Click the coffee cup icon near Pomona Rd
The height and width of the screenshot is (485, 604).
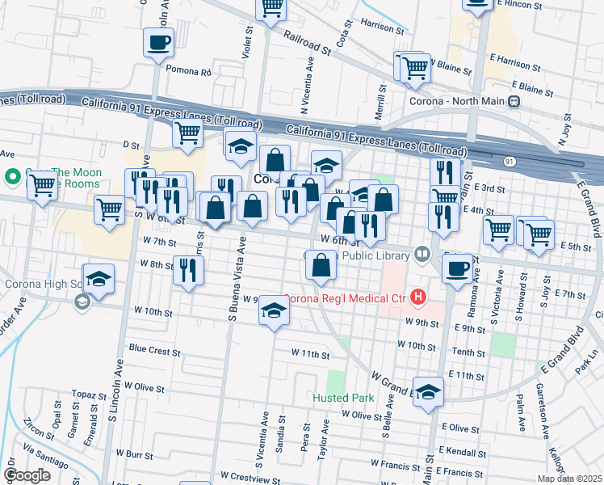158,41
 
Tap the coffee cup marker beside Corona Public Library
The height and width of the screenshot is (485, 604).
457,268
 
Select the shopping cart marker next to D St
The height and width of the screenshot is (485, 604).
187,133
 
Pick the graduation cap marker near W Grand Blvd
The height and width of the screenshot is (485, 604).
428,391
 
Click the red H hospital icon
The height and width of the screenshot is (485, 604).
417,297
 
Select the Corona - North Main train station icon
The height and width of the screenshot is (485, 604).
513,102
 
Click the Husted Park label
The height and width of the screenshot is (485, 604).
342,398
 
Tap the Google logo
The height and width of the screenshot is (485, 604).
27,474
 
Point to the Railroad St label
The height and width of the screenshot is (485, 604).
308,42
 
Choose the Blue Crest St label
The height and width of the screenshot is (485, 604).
154,351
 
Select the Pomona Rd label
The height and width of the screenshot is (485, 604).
188,71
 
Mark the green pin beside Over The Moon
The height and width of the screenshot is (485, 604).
12,176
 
